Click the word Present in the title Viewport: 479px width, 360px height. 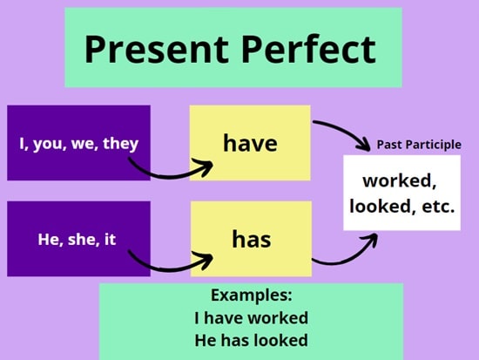tap(156, 49)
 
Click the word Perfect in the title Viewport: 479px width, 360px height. tap(308, 49)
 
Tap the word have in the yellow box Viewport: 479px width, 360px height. tap(250, 143)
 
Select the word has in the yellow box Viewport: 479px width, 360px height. tap(252, 239)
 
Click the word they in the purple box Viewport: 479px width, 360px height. tap(121, 144)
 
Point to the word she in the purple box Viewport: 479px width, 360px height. tap(80, 240)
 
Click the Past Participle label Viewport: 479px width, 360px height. tap(419, 145)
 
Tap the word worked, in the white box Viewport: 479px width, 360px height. tap(400, 181)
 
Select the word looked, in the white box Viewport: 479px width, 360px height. tap(383, 207)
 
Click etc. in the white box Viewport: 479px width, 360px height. tap(438, 207)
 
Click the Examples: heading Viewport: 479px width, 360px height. tap(252, 295)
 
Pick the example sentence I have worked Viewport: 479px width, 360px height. tap(251, 318)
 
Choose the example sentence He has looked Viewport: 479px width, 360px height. tap(251, 340)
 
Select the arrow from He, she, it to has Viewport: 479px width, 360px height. tap(167, 268)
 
